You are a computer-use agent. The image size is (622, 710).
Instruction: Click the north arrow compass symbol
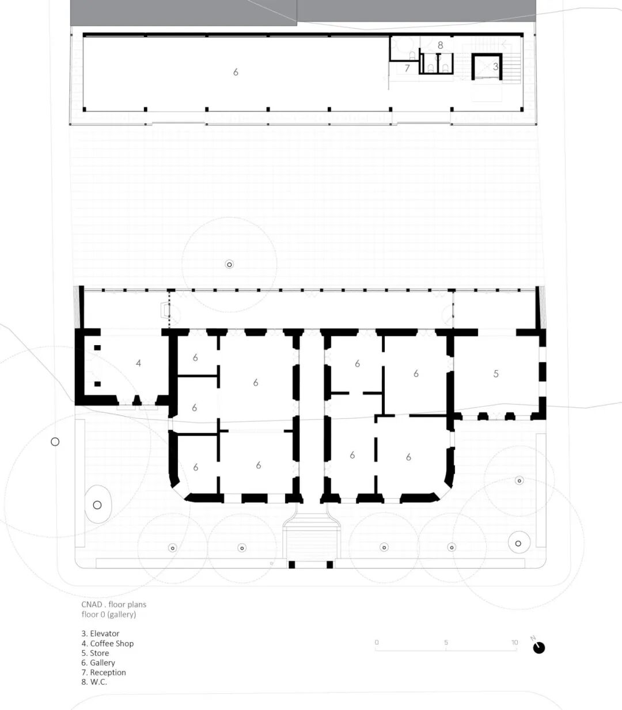coord(538,647)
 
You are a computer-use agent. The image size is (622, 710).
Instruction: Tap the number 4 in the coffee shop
coord(139,363)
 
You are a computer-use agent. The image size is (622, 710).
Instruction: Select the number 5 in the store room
coord(496,374)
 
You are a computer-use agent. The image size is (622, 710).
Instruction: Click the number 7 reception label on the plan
coord(407,68)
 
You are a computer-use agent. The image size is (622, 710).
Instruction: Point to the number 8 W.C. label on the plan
coord(441,45)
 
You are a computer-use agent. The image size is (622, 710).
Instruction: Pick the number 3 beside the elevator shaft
coord(496,66)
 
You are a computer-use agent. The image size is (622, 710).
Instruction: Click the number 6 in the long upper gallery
coord(236,72)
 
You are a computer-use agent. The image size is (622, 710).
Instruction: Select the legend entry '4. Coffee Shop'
coord(108,643)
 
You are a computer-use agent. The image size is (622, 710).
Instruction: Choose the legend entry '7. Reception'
coord(104,672)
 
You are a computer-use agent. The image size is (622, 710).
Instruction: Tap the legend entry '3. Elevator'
coord(100,633)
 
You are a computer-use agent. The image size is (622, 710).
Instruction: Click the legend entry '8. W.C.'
coord(94,682)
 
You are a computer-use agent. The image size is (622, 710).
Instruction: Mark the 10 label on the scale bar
coord(515,642)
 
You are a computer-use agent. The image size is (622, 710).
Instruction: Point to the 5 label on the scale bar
coord(446,642)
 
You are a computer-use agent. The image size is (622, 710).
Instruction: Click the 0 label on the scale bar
coord(377,642)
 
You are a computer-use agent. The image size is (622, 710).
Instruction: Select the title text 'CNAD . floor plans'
coord(114,605)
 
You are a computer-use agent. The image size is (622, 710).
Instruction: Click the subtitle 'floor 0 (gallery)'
coord(109,614)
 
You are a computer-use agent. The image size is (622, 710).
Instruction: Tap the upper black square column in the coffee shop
coord(97,348)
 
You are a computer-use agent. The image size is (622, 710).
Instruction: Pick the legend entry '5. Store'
coord(95,653)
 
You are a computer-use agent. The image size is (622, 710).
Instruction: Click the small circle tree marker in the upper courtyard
coord(229,265)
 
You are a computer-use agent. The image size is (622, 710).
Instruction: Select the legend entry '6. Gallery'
coord(98,663)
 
